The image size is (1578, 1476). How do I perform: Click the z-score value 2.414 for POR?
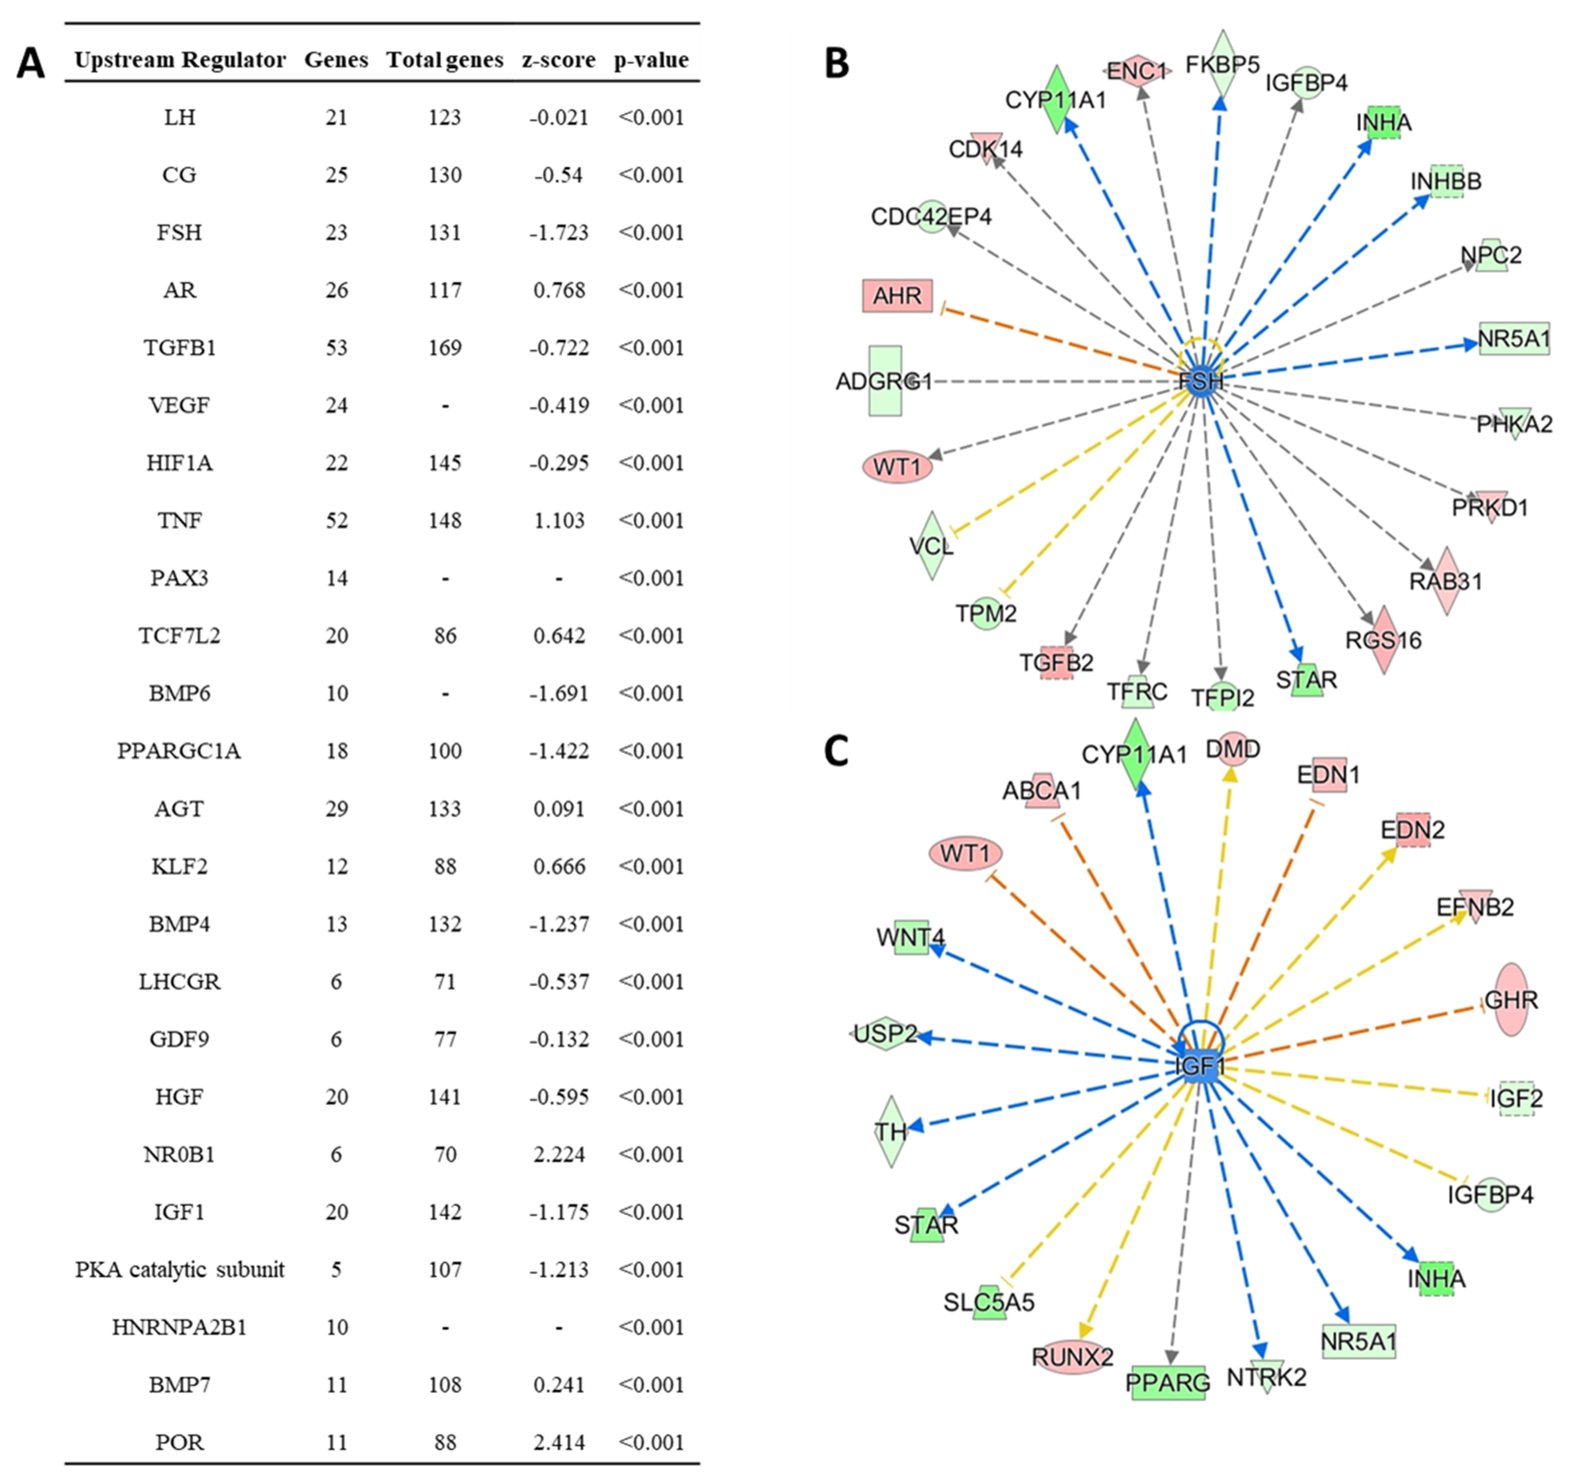pyautogui.click(x=559, y=1442)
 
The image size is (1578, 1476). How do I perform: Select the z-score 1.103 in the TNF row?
pyautogui.click(x=559, y=520)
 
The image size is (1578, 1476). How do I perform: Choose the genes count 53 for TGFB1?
pyautogui.click(x=337, y=348)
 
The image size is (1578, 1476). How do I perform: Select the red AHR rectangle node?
pyautogui.click(x=897, y=295)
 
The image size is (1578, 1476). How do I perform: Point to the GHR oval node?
pyautogui.click(x=1511, y=1000)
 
